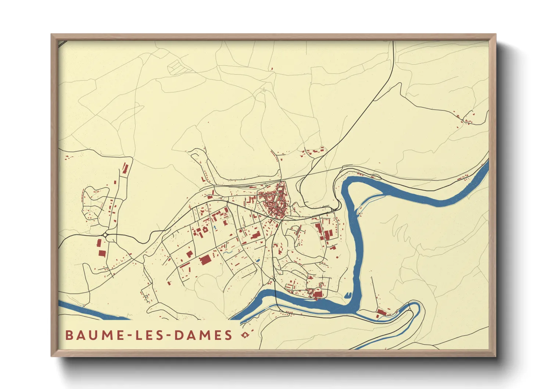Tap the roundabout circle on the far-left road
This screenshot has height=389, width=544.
tap(105, 235)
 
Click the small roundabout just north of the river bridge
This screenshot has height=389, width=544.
tap(274, 280)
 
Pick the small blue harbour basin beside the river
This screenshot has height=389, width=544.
tap(347, 295)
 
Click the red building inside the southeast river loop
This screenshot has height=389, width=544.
tap(382, 312)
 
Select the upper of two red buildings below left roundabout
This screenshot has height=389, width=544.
tap(99, 243)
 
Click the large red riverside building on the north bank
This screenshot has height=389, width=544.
tap(317, 294)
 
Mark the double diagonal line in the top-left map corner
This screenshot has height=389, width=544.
tap(62, 43)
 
